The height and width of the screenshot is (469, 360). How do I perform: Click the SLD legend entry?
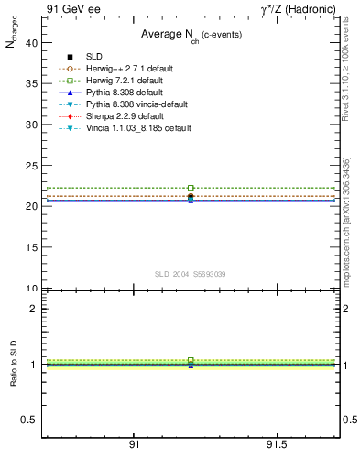(93, 57)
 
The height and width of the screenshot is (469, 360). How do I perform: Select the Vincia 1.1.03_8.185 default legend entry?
(138, 128)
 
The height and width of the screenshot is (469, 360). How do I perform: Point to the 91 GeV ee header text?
(73, 9)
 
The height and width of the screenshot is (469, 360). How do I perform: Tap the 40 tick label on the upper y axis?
(32, 42)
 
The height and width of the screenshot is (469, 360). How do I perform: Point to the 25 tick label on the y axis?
(32, 165)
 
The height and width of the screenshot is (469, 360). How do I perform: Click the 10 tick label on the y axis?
(32, 289)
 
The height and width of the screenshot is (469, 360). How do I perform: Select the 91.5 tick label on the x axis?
(277, 444)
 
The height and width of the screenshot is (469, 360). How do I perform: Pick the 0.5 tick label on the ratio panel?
(30, 420)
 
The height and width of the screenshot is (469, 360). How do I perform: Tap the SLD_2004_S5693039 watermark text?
(190, 274)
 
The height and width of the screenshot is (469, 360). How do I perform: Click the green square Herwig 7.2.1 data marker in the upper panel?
(191, 188)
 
